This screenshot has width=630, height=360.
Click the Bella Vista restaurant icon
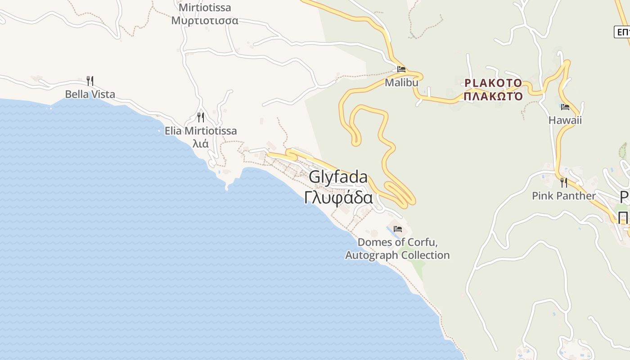(90, 81)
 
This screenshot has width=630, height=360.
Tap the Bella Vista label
(90, 94)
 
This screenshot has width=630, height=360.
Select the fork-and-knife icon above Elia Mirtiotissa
(201, 117)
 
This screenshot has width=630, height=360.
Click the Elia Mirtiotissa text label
(201, 131)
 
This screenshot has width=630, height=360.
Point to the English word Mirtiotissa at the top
(205, 8)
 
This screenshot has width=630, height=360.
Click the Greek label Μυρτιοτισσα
(205, 21)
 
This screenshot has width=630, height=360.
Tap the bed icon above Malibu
(401, 69)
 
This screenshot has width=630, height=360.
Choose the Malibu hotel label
(401, 83)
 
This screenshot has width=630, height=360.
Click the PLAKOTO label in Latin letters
(493, 83)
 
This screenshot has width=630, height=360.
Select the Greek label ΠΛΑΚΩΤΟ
(493, 96)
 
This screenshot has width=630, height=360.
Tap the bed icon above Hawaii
(565, 107)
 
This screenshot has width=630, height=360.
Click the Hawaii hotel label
(565, 120)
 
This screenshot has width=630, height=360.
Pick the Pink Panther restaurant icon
(563, 183)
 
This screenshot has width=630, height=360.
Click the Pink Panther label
(563, 196)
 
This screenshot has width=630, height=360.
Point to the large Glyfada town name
(338, 177)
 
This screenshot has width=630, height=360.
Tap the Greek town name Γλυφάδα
(338, 198)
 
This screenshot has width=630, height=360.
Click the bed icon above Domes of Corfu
(397, 229)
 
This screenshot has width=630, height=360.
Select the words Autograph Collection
(397, 255)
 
